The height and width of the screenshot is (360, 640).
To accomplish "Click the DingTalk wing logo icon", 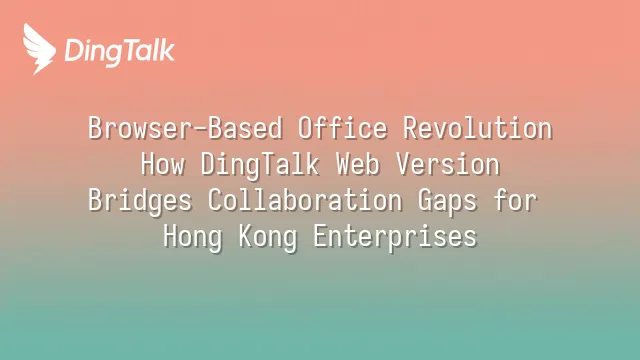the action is [x=39, y=49].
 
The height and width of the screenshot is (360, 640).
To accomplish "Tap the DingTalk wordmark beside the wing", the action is [x=120, y=52].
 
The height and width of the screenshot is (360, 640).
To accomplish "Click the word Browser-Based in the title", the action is [x=185, y=128].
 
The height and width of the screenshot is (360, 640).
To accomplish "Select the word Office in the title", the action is [x=342, y=128].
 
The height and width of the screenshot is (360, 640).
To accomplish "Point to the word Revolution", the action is [x=478, y=128].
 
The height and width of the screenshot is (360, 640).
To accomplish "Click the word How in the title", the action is [x=163, y=164].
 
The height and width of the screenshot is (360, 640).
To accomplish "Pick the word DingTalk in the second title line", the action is [x=260, y=165].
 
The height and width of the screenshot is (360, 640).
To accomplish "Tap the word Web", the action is [x=358, y=164].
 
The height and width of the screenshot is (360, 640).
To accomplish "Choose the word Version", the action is [x=448, y=164].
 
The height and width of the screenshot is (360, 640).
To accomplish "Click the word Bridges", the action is [x=140, y=201].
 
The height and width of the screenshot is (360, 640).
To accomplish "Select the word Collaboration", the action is [x=305, y=200].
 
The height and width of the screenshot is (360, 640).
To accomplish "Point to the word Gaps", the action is [x=447, y=201].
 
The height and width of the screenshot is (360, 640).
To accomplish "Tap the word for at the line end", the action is [x=515, y=200].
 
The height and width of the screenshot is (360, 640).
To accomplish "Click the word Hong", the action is [x=193, y=237].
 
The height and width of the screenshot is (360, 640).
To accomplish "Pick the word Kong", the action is [x=268, y=237].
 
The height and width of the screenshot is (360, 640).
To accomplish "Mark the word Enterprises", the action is [x=395, y=237].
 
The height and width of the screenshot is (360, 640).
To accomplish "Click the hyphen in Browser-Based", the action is [x=200, y=129].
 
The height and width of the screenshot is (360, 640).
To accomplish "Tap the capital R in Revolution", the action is [x=410, y=128].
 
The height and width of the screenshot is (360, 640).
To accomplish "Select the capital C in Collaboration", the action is [x=215, y=200].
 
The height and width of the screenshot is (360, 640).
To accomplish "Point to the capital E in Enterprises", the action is [x=320, y=236].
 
